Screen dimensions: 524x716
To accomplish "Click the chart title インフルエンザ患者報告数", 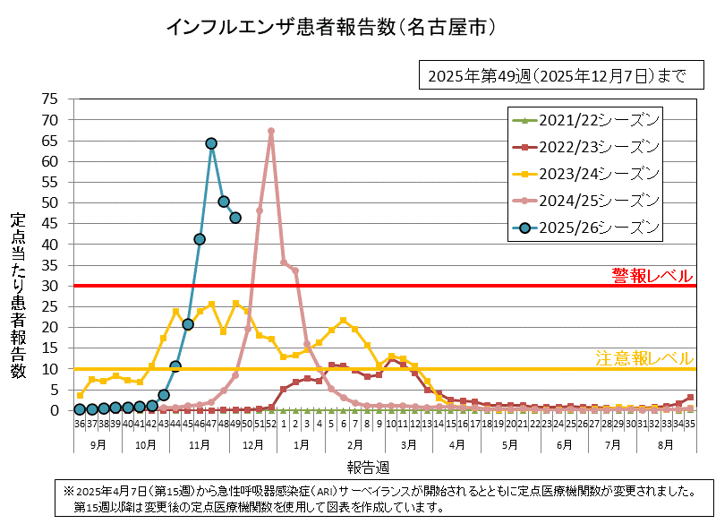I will (331, 28).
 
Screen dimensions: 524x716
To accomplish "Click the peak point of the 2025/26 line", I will (211, 143).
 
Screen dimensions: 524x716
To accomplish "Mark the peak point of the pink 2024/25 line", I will (271, 132).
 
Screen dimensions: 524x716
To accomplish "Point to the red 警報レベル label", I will (652, 274).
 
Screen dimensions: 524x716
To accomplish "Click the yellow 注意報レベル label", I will (644, 358).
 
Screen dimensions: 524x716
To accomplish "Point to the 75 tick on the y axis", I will (50, 99).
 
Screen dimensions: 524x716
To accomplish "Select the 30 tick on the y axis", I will (50, 286).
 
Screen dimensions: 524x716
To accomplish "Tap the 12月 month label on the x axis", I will (253, 443).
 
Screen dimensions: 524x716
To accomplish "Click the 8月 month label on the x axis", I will (666, 443).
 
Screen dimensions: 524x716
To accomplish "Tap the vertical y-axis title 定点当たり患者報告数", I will (18, 296).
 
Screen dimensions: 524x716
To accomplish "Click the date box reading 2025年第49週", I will (557, 76).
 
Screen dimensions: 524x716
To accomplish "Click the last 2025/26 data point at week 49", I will (235, 218).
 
